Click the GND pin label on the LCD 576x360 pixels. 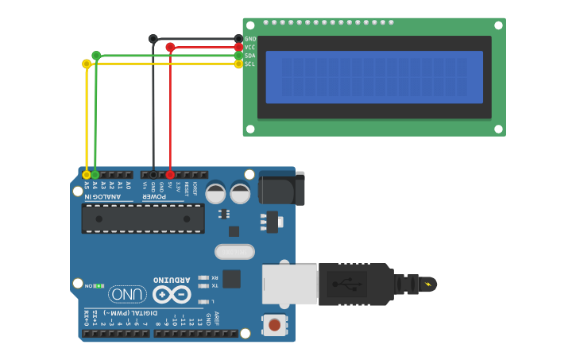[x=250, y=39]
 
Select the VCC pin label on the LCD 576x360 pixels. [x=250, y=48]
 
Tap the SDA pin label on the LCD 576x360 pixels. [x=250, y=56]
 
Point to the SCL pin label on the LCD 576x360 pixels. [x=250, y=64]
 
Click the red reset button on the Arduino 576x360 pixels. [x=274, y=324]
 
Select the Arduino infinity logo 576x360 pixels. [x=172, y=294]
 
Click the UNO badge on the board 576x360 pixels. [x=128, y=294]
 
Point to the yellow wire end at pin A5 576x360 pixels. [x=87, y=174]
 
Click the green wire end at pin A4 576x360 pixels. [x=95, y=174]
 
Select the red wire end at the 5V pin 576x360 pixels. [x=170, y=174]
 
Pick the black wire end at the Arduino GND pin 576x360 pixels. [x=153, y=174]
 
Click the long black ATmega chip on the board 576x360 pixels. [x=143, y=219]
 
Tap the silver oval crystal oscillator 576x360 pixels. [x=234, y=252]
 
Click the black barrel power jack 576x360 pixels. [x=281, y=188]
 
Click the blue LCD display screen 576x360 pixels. [x=374, y=77]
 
